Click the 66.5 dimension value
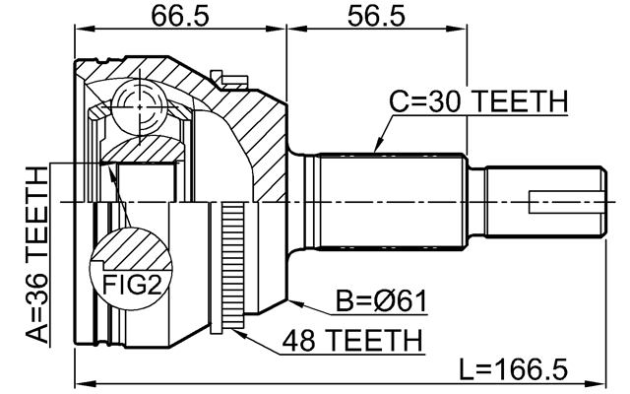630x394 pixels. tap(179, 17)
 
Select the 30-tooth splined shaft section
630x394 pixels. tap(389, 203)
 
